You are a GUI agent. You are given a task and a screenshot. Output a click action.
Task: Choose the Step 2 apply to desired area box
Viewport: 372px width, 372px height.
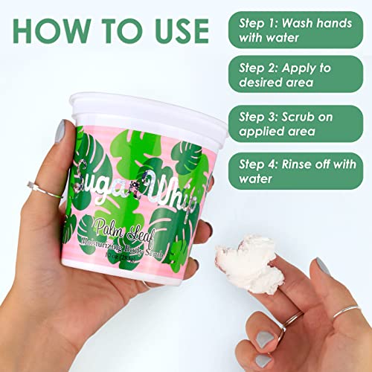296,77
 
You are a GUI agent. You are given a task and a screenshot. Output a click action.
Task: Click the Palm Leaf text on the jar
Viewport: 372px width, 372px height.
126,224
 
